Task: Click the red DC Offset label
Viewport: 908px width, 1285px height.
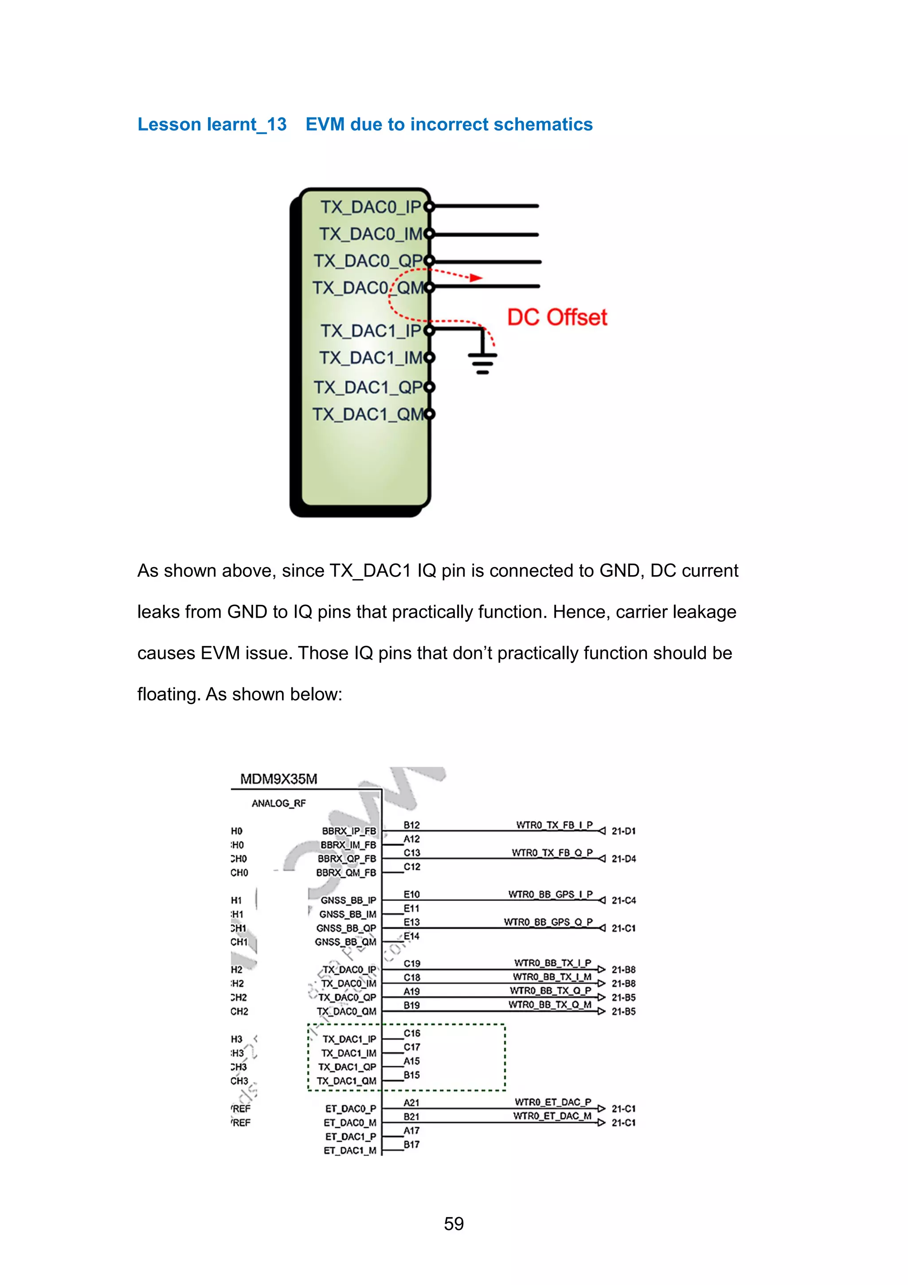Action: coord(557,317)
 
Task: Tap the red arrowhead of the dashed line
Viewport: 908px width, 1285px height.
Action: coord(476,278)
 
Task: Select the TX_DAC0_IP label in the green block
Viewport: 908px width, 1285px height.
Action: coord(370,207)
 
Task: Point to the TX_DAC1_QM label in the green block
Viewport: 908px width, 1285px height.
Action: coord(368,414)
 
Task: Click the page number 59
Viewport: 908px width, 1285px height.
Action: coord(454,1223)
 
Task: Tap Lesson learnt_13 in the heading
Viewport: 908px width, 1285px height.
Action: coord(212,124)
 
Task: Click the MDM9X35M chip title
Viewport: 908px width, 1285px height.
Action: coord(278,779)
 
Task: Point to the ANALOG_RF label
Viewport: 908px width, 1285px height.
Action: coord(278,803)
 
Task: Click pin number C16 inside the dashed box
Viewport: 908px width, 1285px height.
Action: coord(412,1033)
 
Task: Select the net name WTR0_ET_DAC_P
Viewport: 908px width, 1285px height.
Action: coord(553,1102)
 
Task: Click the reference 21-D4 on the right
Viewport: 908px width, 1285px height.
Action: coord(623,858)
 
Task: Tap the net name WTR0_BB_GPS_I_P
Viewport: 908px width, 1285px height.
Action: coord(550,894)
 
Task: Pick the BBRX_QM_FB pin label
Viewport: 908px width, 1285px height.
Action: coord(346,873)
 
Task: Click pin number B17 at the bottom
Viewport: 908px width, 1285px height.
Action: coord(412,1144)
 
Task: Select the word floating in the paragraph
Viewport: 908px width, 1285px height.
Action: coord(168,694)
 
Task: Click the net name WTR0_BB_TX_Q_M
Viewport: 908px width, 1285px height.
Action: coord(549,1005)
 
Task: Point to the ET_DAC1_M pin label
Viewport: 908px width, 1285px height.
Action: coord(350,1151)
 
